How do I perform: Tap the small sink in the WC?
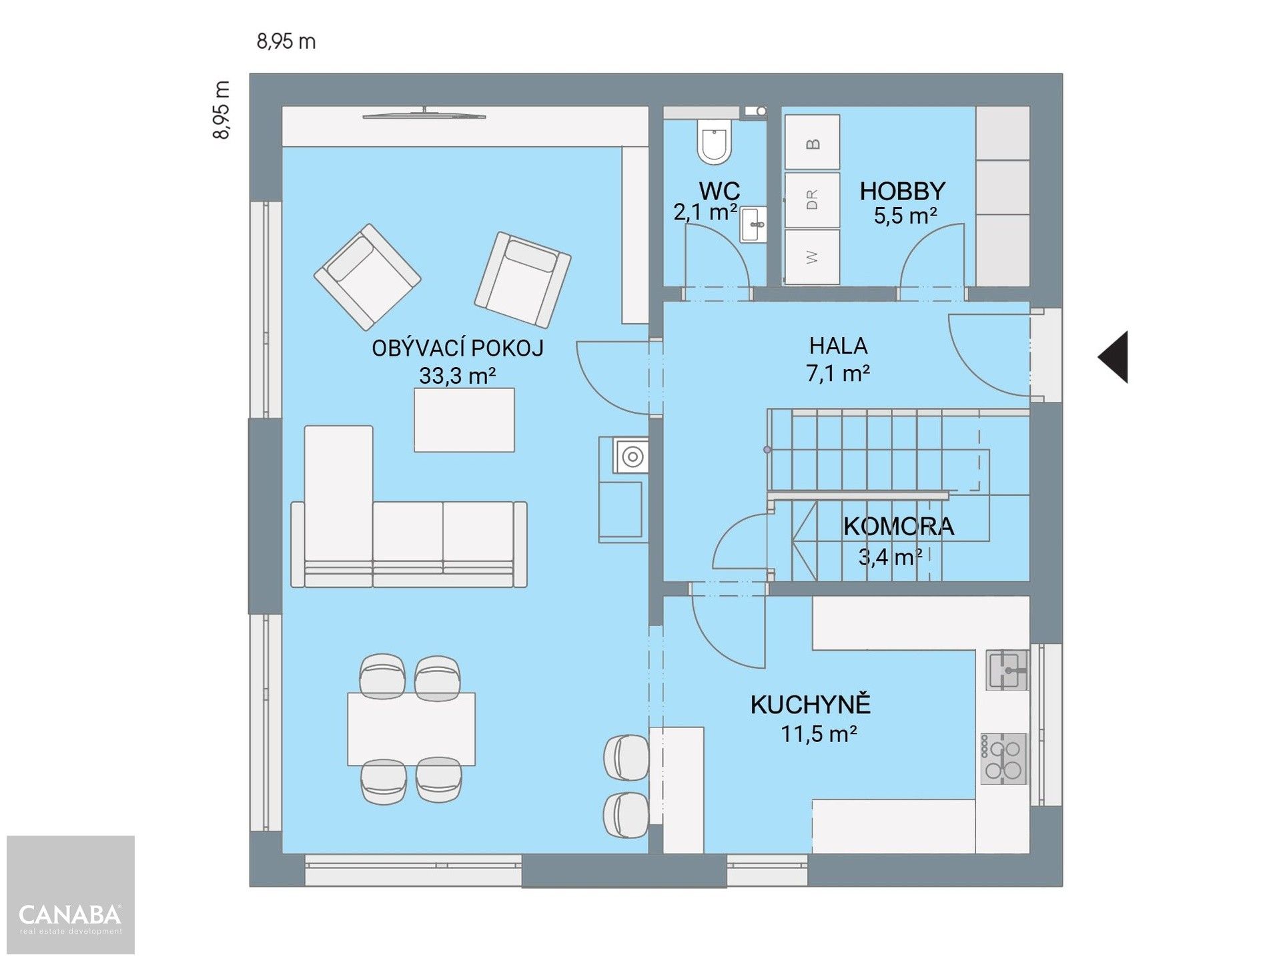753,224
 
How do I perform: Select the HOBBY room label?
902,192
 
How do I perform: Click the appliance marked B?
812,141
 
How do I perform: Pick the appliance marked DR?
812,200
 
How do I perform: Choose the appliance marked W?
812,257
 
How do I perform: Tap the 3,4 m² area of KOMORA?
891,557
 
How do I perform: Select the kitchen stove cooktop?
1003,759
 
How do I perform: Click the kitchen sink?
1007,671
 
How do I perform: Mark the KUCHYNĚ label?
811,705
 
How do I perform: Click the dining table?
411,729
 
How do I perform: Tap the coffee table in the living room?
464,420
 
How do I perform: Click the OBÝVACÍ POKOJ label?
458,348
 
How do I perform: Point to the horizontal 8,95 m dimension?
286,41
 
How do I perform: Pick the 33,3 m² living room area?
457,376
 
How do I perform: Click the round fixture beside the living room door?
631,456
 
